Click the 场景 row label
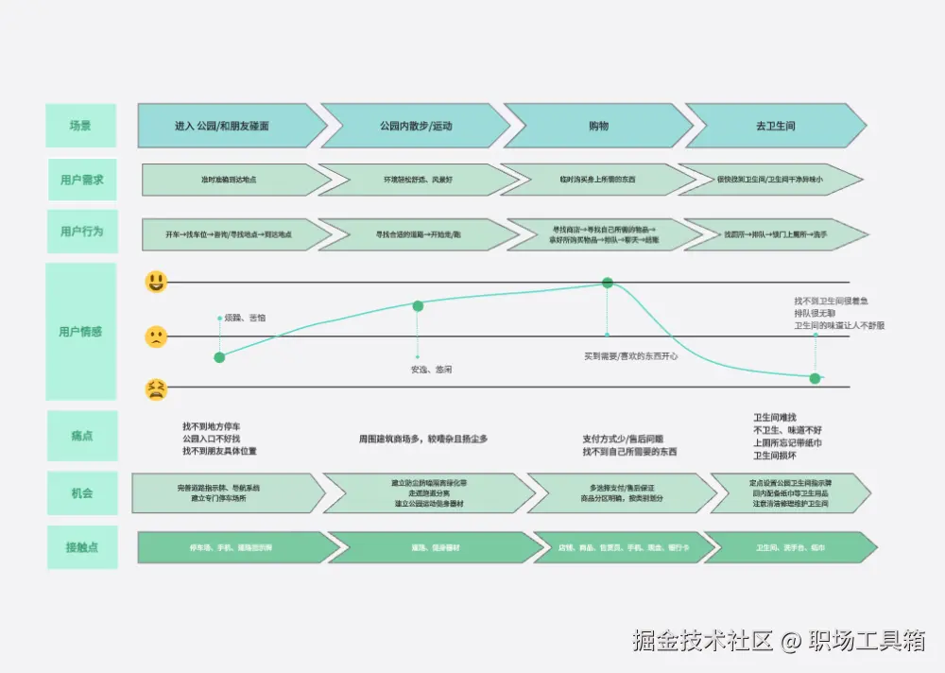point(80,126)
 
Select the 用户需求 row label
point(82,180)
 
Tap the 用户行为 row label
point(82,232)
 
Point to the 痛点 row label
point(82,436)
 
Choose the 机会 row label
point(82,493)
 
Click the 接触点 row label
point(82,547)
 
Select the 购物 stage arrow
point(597,126)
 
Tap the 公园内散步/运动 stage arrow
point(416,126)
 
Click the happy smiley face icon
point(156,282)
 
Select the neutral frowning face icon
point(156,336)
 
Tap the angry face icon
point(156,388)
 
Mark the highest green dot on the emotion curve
point(608,283)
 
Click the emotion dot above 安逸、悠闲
point(418,305)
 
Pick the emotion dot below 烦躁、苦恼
point(219,357)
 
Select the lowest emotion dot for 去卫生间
point(816,378)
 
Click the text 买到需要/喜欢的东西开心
point(631,356)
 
